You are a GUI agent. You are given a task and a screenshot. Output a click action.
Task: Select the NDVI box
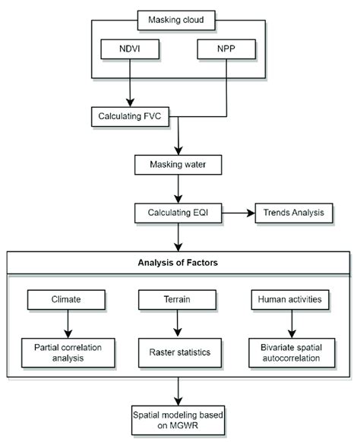click(x=128, y=50)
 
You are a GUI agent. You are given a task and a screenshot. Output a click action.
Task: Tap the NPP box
click(x=226, y=50)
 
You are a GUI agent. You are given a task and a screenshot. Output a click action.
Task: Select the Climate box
click(x=66, y=301)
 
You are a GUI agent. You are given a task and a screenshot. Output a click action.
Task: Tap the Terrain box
click(x=178, y=301)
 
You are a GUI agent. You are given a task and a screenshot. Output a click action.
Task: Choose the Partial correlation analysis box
click(x=66, y=352)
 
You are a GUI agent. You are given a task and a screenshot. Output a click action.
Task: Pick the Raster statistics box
click(x=178, y=352)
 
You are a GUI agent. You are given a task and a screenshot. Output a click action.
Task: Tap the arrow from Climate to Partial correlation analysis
click(x=66, y=322)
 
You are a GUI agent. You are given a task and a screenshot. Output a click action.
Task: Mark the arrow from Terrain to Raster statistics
click(x=178, y=322)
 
